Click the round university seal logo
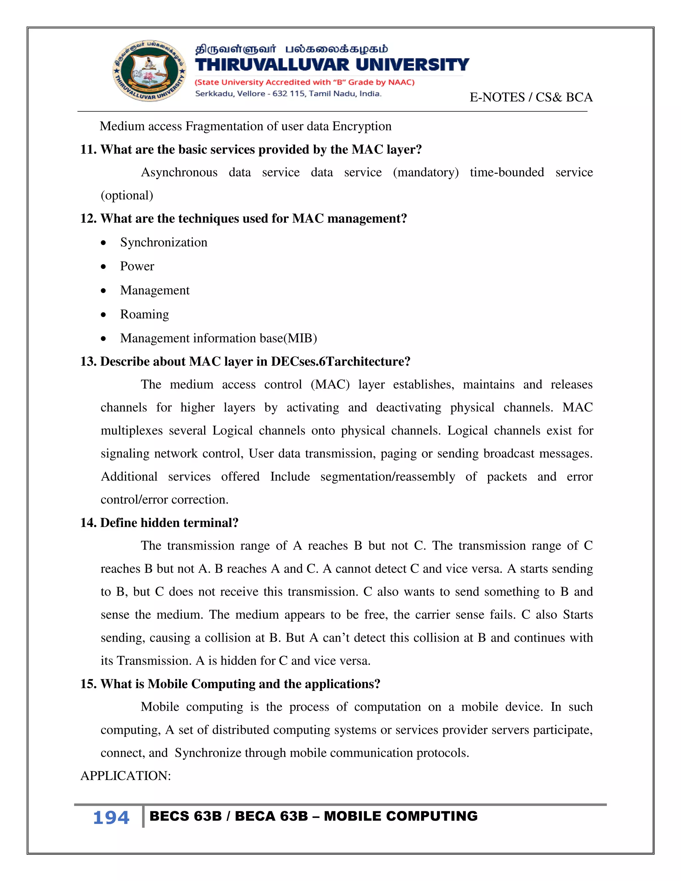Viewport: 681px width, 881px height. pos(149,71)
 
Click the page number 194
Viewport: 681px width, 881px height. pos(111,818)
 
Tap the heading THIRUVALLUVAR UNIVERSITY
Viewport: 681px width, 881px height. pos(332,65)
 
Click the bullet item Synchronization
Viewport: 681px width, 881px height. pos(163,242)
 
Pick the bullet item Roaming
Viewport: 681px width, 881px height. pos(144,314)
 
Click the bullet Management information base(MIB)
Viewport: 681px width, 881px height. pos(218,338)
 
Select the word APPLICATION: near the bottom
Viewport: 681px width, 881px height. pos(125,776)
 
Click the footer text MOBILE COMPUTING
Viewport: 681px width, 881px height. pos(400,816)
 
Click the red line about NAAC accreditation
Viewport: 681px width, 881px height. pos(305,82)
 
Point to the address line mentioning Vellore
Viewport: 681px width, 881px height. pos(288,94)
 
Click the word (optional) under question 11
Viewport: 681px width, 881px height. pos(127,195)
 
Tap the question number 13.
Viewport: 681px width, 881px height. pos(87,361)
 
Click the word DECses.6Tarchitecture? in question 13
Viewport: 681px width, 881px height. pos(340,361)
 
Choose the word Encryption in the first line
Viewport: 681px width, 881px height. pos(361,126)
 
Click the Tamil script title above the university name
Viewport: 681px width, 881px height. pos(291,49)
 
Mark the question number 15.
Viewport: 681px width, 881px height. pos(87,684)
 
